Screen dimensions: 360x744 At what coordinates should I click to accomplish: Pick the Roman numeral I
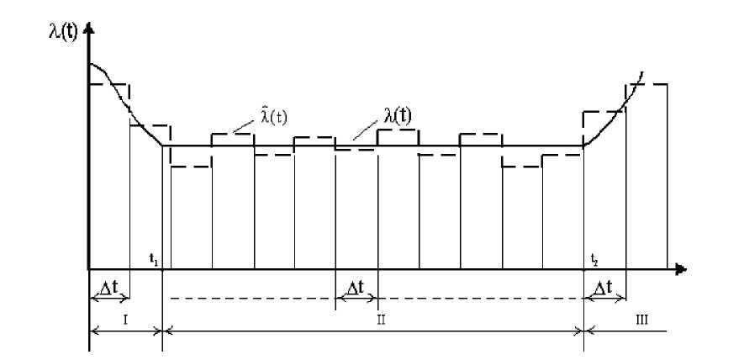124,319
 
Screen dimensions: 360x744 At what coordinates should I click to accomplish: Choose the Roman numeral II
380,320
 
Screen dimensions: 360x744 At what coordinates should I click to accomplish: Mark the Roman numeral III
642,319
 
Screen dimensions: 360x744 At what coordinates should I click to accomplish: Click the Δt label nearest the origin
109,288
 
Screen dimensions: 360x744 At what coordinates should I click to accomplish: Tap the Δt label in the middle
356,288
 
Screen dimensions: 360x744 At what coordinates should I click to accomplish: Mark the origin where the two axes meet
88,270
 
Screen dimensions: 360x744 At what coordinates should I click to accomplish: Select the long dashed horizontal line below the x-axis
252,299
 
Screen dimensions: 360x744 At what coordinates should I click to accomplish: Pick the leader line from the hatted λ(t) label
244,126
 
